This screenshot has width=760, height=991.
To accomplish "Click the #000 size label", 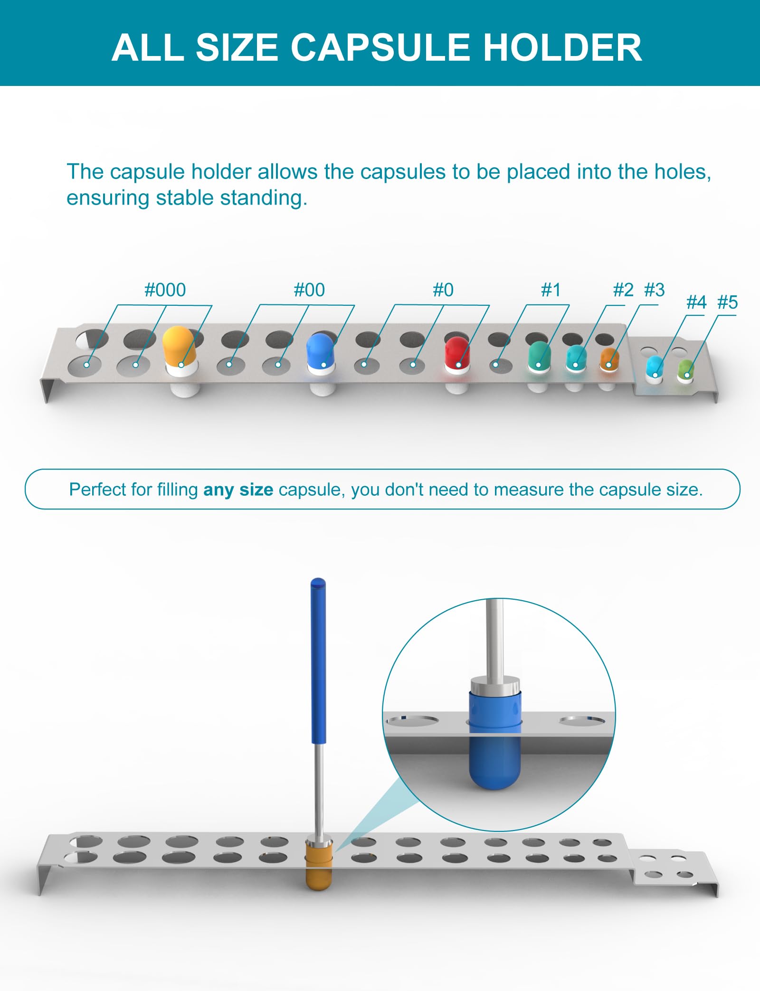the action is pos(165,290).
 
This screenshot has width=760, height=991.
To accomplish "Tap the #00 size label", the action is pos(309,290).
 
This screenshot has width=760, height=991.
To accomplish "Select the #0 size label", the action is pos(443,290).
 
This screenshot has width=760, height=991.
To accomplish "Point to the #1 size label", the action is pos(551,290).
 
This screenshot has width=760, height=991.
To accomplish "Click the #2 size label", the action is pos(623,290).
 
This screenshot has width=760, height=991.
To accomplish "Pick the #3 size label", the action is pos(655,290).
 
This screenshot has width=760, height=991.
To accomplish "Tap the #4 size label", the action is pos(696,302).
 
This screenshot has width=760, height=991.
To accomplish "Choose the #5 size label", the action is pos(727,302).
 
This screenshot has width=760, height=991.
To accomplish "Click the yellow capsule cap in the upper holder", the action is pos(179,346).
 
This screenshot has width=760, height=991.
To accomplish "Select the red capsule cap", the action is pos(457,352).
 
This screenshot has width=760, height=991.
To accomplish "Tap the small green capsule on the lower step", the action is pos(685,369).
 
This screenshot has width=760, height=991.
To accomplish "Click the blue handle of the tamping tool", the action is pos(318,661).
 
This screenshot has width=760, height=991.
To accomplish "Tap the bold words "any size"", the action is pos(238,490).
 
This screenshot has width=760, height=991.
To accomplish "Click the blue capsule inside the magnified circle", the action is pos(495,739).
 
